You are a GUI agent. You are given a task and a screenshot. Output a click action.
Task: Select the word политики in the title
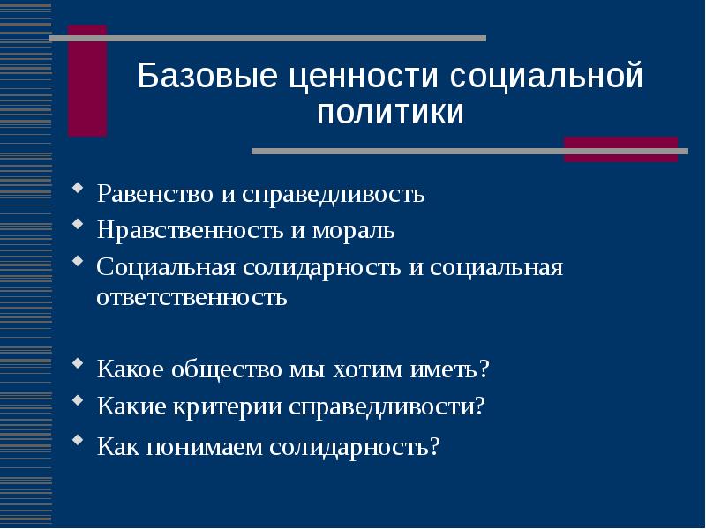click(x=390, y=113)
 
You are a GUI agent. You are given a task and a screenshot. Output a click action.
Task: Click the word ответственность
click(x=192, y=296)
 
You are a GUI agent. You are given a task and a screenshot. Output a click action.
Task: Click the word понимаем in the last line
click(x=198, y=446)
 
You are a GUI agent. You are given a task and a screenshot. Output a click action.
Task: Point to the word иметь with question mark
click(x=447, y=369)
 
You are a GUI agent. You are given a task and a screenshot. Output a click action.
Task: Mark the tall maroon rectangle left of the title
click(x=87, y=81)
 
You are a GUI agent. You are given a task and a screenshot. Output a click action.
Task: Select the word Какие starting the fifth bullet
click(x=127, y=406)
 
